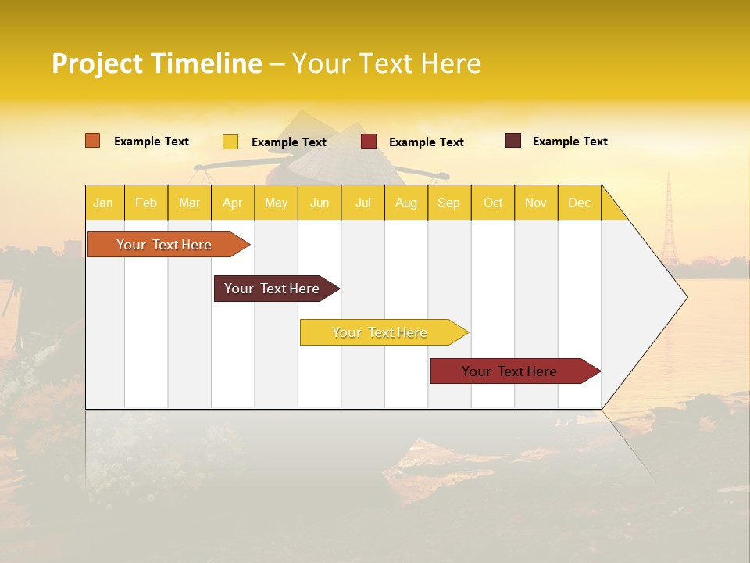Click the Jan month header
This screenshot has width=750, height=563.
103,203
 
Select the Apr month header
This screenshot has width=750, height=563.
233,203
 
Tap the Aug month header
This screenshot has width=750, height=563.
405,203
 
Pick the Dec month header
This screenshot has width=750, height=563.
579,203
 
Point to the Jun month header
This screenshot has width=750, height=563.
320,203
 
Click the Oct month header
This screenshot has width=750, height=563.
493,203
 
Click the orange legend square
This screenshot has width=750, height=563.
93,141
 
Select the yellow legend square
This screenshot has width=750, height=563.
230,142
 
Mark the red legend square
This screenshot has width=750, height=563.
369,142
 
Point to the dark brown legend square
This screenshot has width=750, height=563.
513,141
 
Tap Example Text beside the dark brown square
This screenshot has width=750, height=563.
570,141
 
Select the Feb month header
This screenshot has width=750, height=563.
146,203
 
